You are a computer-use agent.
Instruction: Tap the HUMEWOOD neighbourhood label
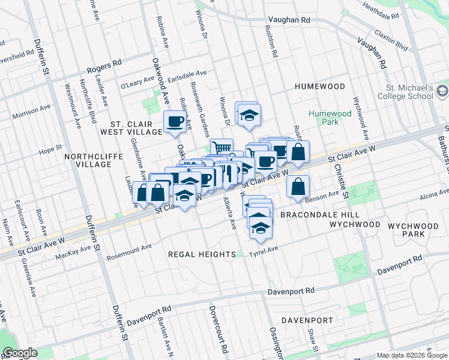click(320, 87)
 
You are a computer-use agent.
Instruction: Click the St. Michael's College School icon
click(442, 91)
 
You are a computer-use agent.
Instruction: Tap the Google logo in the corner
click(20, 353)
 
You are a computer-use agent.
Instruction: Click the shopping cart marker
click(221, 146)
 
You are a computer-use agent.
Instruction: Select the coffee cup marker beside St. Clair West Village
click(175, 122)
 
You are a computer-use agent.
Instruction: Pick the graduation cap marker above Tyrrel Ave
click(261, 227)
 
